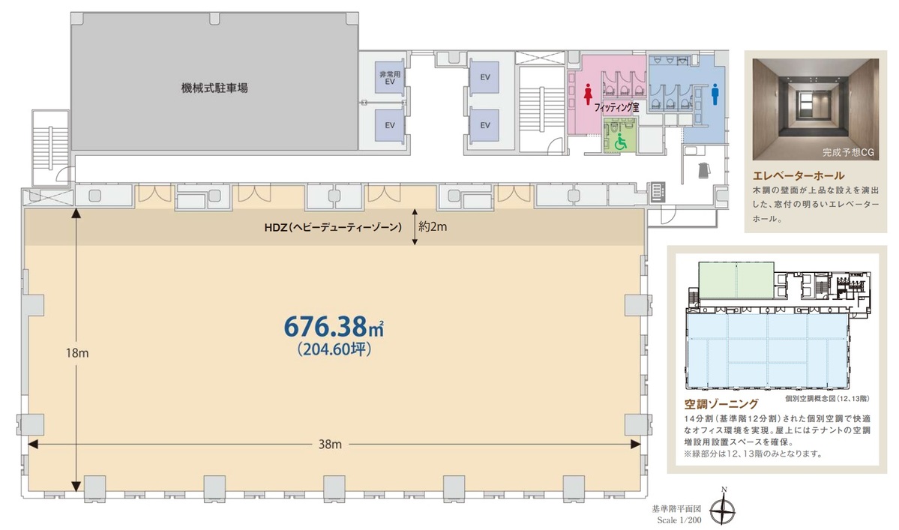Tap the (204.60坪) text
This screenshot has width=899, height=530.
[334, 349]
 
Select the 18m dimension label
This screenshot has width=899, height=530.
[78, 353]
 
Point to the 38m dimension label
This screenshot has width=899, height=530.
[331, 445]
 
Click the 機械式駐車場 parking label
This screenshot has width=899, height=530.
[214, 88]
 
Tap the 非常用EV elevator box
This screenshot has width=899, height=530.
[389, 77]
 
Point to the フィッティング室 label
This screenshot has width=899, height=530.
[616, 108]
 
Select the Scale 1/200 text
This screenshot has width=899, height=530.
[678, 519]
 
